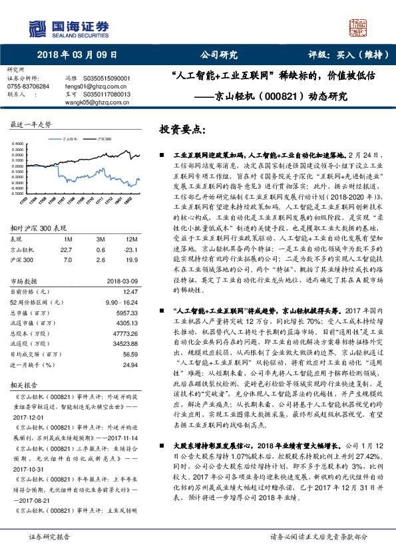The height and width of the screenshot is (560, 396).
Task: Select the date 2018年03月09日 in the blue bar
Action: (77, 55)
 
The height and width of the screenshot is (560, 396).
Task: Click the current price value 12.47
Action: (130, 291)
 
